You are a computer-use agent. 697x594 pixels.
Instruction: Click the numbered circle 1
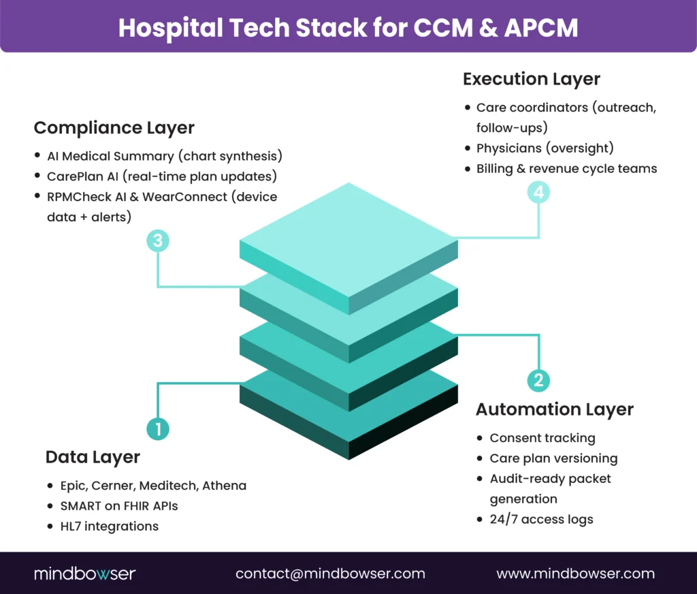click(x=158, y=428)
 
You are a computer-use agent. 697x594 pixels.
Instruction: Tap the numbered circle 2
click(x=538, y=380)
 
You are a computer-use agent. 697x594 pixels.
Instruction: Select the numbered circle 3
click(x=158, y=240)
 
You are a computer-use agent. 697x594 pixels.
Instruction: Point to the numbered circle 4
click(x=538, y=193)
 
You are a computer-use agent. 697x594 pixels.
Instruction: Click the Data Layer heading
click(x=93, y=457)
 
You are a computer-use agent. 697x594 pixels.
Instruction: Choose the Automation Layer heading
click(x=554, y=409)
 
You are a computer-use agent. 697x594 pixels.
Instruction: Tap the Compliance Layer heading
click(x=114, y=128)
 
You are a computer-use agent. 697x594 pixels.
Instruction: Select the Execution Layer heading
click(x=531, y=79)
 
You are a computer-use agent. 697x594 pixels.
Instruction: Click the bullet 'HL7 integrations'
click(x=103, y=526)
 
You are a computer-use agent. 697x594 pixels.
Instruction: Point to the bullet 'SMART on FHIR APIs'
click(x=119, y=506)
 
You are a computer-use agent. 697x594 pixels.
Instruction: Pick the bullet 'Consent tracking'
click(x=542, y=438)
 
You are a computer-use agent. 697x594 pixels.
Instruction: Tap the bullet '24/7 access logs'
click(x=541, y=520)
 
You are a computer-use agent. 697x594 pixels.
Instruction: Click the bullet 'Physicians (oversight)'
click(x=545, y=148)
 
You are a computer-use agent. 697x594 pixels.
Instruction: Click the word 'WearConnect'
click(x=204, y=196)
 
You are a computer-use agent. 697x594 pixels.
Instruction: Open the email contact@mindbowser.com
click(x=330, y=574)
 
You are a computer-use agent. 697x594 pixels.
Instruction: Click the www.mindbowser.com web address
click(x=575, y=574)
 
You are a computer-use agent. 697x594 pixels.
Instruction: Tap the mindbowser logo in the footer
click(x=84, y=574)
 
